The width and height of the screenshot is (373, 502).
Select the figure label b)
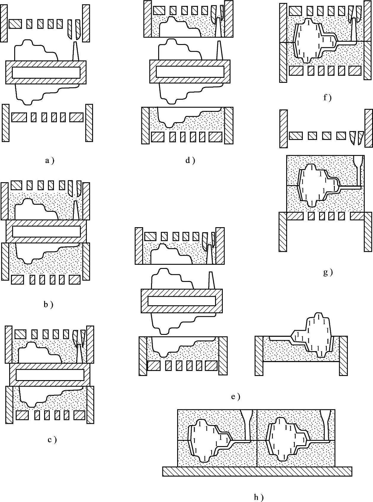pos(48,304)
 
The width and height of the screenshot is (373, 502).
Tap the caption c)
pos(52,440)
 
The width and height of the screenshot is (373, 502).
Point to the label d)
pos(190,161)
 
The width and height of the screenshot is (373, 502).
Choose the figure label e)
pos(235,397)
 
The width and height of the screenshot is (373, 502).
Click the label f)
pos(327,98)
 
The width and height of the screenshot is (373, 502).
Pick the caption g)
pos(328,272)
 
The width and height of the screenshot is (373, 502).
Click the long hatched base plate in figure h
pos(257,471)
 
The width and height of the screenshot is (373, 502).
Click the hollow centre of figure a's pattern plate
pos(46,72)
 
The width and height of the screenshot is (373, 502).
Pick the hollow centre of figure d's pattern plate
pos(190,72)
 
